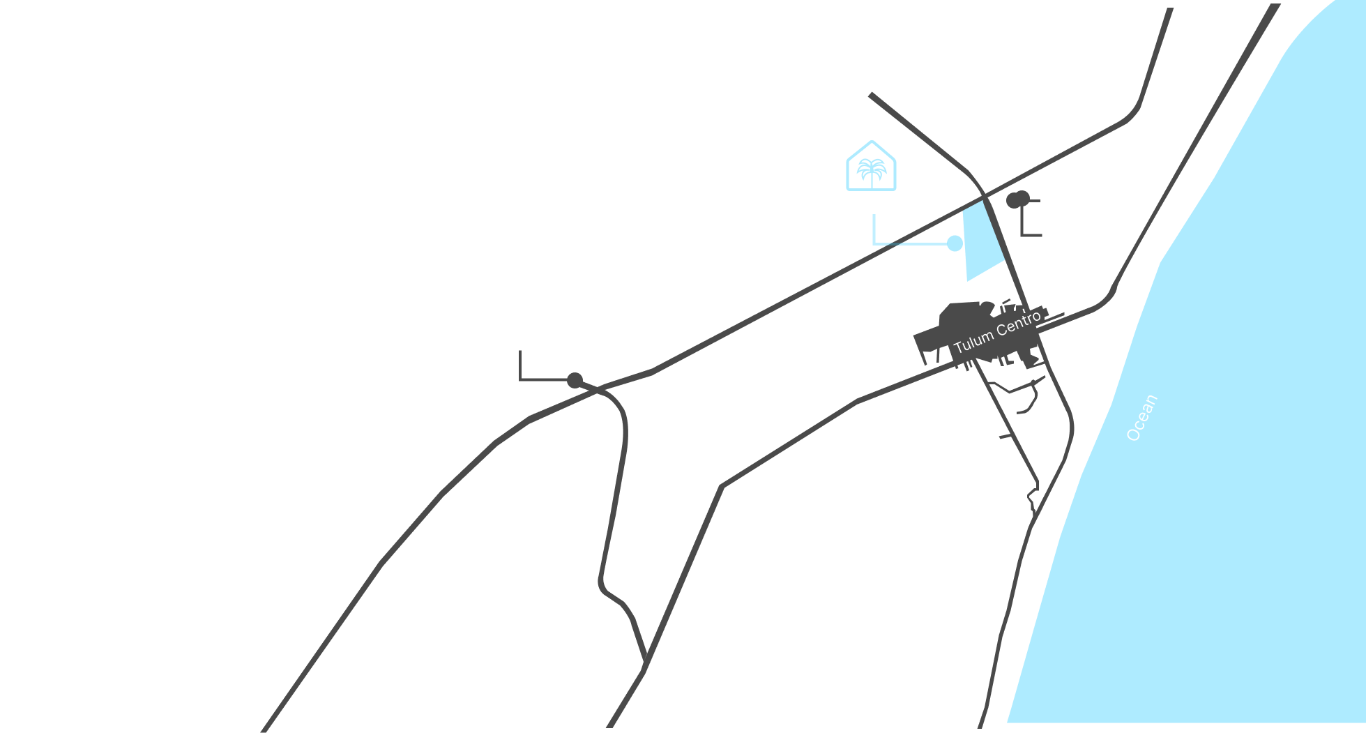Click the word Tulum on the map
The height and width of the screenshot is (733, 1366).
[973, 342]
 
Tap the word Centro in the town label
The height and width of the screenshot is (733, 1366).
[1018, 324]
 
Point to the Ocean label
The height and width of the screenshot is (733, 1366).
[1142, 418]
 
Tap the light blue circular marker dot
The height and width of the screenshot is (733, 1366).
[955, 243]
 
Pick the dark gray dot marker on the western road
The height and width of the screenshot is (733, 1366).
[575, 380]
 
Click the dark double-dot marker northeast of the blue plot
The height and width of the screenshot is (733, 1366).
[1017, 199]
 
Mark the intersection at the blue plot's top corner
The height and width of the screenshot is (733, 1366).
[984, 199]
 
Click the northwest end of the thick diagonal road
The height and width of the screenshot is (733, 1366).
[871, 95]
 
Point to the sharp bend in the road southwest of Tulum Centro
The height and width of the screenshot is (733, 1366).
[722, 486]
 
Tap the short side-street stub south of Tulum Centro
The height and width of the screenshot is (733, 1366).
[1005, 436]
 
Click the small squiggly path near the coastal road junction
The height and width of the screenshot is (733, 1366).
[1033, 497]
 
